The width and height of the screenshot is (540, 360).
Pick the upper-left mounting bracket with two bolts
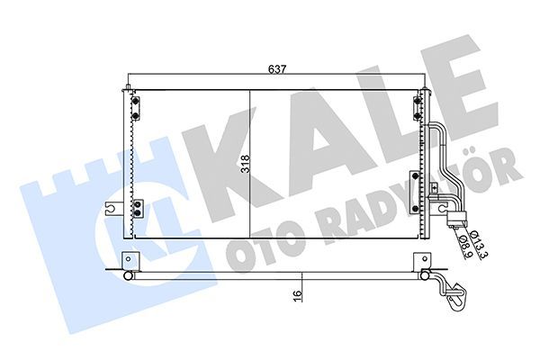coord(135,107)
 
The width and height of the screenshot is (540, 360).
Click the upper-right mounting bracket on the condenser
coord(417,107)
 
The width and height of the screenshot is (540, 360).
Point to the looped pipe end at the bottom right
coord(455,292)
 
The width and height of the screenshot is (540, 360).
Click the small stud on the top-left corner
coord(128,88)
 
